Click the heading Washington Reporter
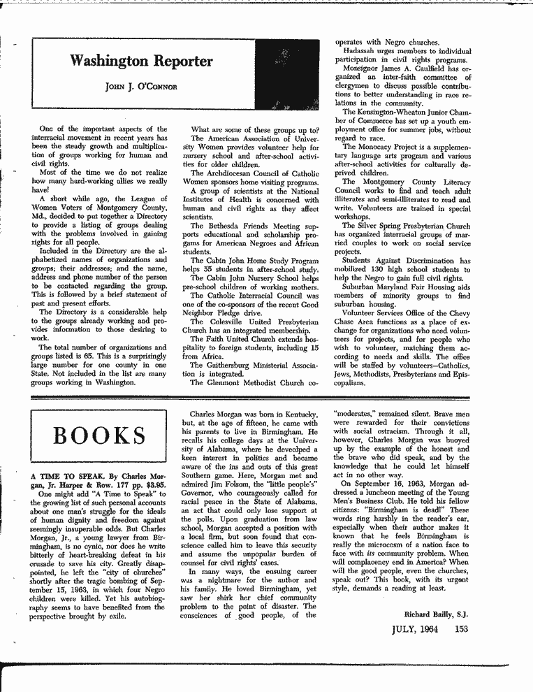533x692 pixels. click(x=142, y=62)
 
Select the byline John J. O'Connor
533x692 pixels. click(x=143, y=86)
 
